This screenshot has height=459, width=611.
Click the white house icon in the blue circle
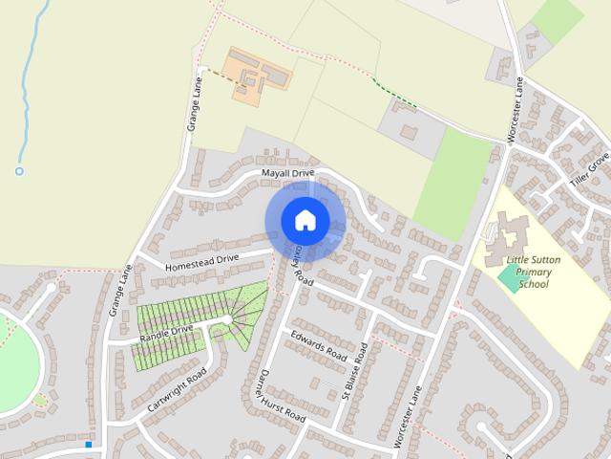coord(305,220)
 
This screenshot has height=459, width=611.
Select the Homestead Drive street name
coord(201,260)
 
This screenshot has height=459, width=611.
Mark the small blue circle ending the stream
coord(18,171)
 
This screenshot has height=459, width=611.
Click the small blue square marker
coord(88,444)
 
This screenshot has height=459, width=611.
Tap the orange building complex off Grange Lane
coord(256,76)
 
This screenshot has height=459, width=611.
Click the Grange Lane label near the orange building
coord(193,106)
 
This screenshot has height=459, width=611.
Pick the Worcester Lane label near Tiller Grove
coord(515,112)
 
